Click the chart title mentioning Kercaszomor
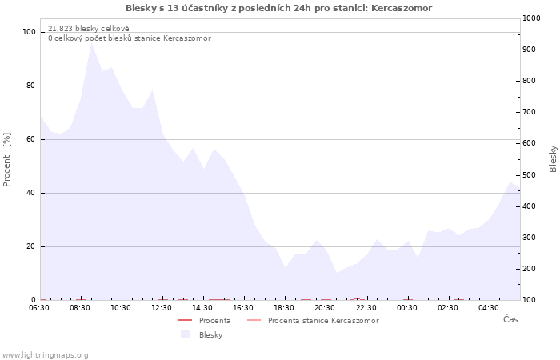(278, 8)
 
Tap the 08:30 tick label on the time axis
(80, 308)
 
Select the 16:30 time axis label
(243, 308)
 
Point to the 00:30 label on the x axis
(406, 308)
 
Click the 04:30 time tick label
(489, 308)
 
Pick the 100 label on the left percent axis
(29, 32)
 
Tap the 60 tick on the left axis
(31, 139)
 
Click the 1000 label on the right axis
(531, 18)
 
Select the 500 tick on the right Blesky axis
(530, 175)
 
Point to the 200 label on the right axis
(530, 269)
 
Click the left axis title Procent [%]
(6, 160)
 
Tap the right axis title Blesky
(553, 159)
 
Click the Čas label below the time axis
(510, 319)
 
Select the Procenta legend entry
(205, 320)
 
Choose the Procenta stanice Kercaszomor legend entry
(313, 320)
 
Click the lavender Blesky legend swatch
(185, 334)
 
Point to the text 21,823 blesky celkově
(89, 29)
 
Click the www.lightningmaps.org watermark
(45, 355)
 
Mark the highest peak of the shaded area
(92, 42)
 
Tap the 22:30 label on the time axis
(366, 308)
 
